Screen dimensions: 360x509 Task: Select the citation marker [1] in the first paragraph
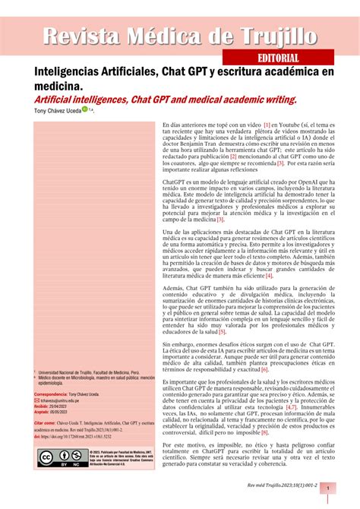point(267,124)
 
